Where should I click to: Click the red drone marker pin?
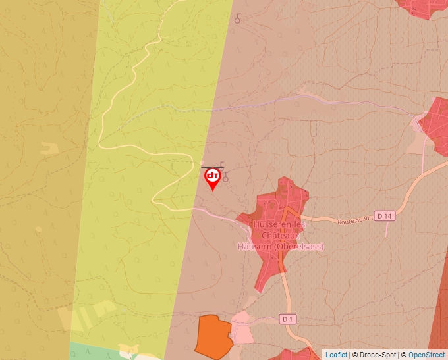pos(213,178)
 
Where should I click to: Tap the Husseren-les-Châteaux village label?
pos(278,230)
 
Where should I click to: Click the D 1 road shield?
pos(287,319)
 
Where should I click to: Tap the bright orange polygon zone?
pos(213,335)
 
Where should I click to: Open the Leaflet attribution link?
pos(336,355)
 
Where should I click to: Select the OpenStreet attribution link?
pos(426,355)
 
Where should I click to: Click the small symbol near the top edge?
pos(237,19)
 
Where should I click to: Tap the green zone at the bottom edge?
pos(92,350)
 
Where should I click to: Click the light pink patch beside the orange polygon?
pos(242,328)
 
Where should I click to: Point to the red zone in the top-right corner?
pos(422,7)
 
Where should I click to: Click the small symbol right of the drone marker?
pos(225,178)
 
